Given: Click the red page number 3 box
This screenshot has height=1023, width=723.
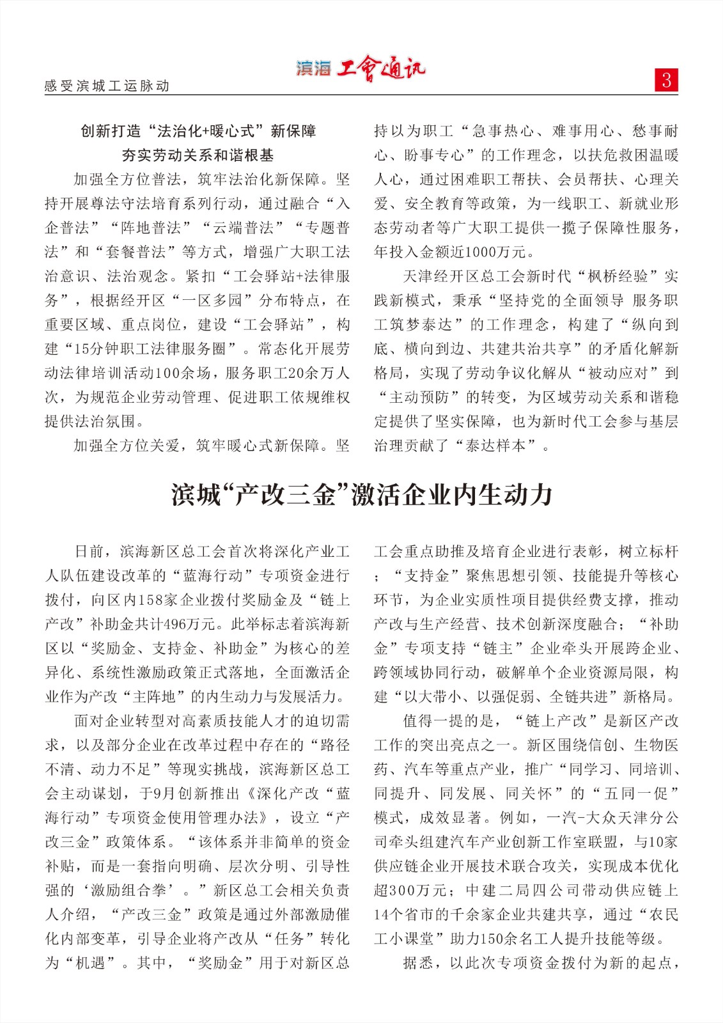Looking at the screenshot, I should click(x=666, y=80).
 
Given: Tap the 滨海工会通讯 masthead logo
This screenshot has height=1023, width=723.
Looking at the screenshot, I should click(x=360, y=68).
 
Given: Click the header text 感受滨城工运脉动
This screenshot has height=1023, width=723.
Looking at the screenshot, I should click(x=107, y=86).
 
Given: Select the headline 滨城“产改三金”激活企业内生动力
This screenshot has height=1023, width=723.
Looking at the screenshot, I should click(x=361, y=494).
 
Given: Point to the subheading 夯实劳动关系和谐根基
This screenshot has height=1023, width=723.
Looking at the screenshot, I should click(x=198, y=155).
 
